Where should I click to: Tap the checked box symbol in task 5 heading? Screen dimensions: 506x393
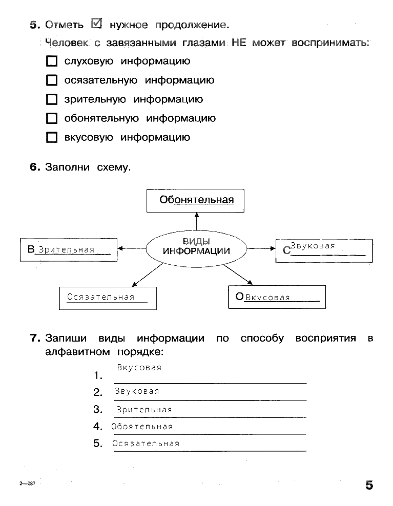(96, 24)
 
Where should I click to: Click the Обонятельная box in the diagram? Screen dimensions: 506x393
(195, 200)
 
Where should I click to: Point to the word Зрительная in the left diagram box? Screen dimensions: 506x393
(67, 250)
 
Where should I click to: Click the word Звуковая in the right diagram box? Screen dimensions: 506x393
(313, 246)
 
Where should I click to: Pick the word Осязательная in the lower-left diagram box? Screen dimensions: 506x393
(100, 297)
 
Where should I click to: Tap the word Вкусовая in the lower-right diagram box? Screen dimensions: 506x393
(267, 298)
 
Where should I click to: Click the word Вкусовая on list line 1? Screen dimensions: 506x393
(139, 368)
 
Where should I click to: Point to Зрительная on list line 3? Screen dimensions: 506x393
(144, 410)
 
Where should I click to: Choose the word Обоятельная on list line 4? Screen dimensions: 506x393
(142, 427)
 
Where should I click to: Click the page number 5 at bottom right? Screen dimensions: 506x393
(369, 485)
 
